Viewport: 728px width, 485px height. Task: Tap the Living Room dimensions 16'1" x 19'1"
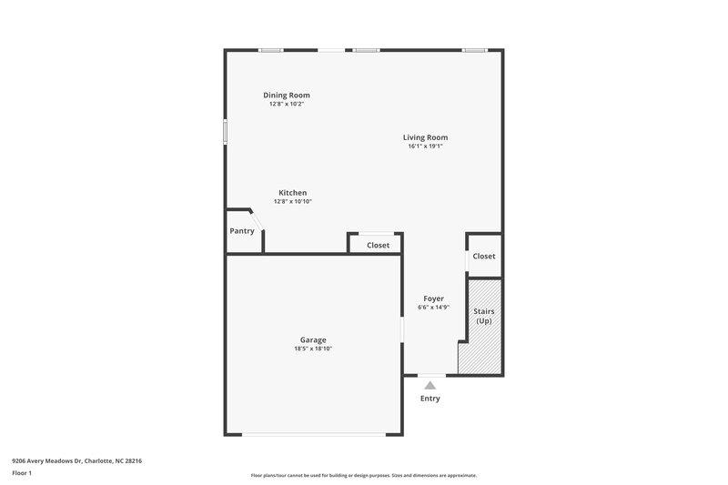[425, 147]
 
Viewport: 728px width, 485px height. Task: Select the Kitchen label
[292, 193]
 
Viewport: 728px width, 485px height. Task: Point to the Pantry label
[242, 231]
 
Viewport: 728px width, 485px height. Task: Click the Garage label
[313, 339]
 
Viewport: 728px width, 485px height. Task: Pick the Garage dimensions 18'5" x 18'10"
[313, 349]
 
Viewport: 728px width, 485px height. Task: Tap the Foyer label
[433, 298]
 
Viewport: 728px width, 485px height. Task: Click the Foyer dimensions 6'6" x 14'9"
[433, 308]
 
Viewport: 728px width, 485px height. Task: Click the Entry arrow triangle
[430, 385]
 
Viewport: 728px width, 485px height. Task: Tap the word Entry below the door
[430, 399]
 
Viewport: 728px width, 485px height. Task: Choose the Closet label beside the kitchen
[378, 245]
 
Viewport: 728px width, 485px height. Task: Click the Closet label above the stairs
[484, 256]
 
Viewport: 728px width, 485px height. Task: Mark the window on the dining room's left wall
[226, 132]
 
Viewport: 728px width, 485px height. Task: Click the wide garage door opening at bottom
[313, 435]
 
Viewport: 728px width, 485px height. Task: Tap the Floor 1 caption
[23, 473]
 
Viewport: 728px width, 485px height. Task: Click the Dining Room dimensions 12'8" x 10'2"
[286, 104]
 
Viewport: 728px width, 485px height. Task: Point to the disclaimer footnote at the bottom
[363, 475]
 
